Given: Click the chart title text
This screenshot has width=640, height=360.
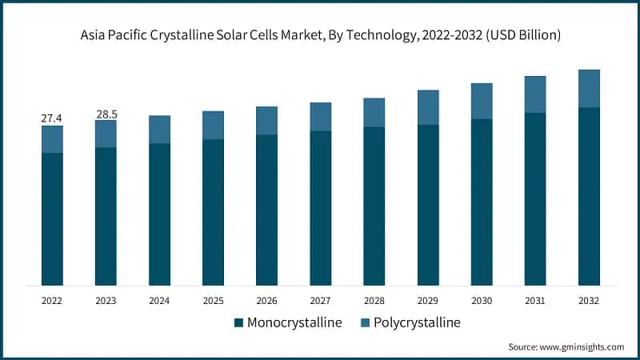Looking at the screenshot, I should click(x=320, y=35).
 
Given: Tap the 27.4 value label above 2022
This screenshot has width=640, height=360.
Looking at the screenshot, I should click(x=52, y=118).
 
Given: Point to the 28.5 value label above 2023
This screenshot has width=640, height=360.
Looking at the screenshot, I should click(x=106, y=114).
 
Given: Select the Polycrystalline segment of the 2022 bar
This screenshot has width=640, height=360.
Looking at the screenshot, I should click(x=52, y=139).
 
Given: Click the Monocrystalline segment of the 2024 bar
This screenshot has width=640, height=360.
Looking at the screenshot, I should click(x=159, y=214).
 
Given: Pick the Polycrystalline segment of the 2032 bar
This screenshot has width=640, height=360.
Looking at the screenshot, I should click(x=589, y=88).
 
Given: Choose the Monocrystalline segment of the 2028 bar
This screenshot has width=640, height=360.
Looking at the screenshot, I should click(x=374, y=206).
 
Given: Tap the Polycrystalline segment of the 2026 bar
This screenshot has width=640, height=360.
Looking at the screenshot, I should click(x=266, y=121).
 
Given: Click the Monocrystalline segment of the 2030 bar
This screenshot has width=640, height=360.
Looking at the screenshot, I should click(x=482, y=202).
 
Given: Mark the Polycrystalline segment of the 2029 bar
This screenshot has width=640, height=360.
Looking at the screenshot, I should click(x=428, y=107).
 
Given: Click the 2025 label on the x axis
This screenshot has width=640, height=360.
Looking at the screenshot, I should click(x=213, y=301).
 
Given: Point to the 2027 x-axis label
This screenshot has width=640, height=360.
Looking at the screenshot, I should click(x=320, y=301).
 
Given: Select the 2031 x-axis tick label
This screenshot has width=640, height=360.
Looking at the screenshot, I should click(x=535, y=301).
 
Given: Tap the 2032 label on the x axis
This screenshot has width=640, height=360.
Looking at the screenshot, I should click(x=589, y=301).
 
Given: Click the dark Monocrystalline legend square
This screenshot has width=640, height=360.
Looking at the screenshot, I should click(x=238, y=323).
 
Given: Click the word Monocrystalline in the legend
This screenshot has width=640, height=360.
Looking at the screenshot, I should click(x=294, y=323).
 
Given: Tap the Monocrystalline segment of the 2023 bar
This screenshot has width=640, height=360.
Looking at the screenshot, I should click(x=106, y=216).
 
